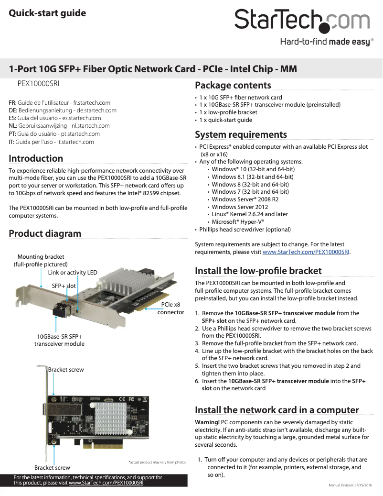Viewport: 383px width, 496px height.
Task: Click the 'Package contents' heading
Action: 233,86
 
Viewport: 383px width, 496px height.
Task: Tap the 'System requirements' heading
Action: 241,134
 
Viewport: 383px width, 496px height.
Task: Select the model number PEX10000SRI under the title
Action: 38,83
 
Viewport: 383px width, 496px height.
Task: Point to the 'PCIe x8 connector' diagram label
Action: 170,309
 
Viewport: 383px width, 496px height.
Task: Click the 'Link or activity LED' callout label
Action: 73,273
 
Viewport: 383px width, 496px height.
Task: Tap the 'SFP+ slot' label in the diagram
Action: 64,286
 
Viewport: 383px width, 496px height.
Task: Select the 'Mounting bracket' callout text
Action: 41,260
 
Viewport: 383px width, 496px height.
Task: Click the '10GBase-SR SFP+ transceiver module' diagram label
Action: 59,340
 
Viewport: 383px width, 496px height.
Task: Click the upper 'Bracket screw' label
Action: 66,370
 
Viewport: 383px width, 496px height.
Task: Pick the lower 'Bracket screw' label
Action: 52,468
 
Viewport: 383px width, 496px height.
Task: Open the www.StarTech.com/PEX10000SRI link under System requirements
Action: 306,252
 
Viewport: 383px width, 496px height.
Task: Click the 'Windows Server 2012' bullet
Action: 240,207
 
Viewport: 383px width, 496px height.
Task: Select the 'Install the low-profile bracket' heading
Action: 258,271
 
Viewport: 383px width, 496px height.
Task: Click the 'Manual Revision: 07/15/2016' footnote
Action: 353,485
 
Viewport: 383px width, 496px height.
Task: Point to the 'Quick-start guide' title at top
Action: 47,13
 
